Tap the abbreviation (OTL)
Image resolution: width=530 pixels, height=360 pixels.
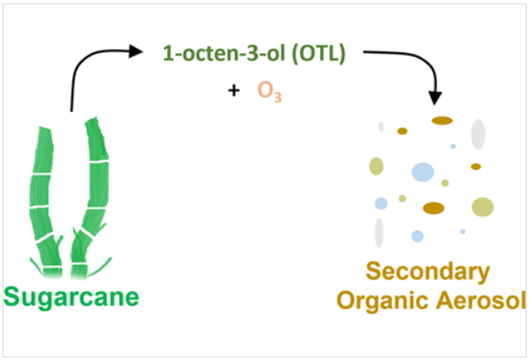(318, 53)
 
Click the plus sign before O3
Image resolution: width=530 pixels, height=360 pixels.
(234, 89)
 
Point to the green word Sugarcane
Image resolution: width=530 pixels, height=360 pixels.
(71, 299)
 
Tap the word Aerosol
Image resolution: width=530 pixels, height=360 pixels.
(477, 301)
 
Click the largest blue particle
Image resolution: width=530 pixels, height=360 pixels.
(422, 171)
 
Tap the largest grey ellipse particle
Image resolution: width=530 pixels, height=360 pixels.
(477, 133)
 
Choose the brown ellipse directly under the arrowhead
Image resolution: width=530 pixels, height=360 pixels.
(442, 120)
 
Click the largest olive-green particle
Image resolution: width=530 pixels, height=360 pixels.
(483, 207)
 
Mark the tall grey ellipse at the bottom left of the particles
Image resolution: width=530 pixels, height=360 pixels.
(378, 232)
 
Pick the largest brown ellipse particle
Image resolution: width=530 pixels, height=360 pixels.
(433, 208)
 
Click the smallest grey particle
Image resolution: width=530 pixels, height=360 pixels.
(380, 127)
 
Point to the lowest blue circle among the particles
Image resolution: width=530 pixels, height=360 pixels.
(417, 235)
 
